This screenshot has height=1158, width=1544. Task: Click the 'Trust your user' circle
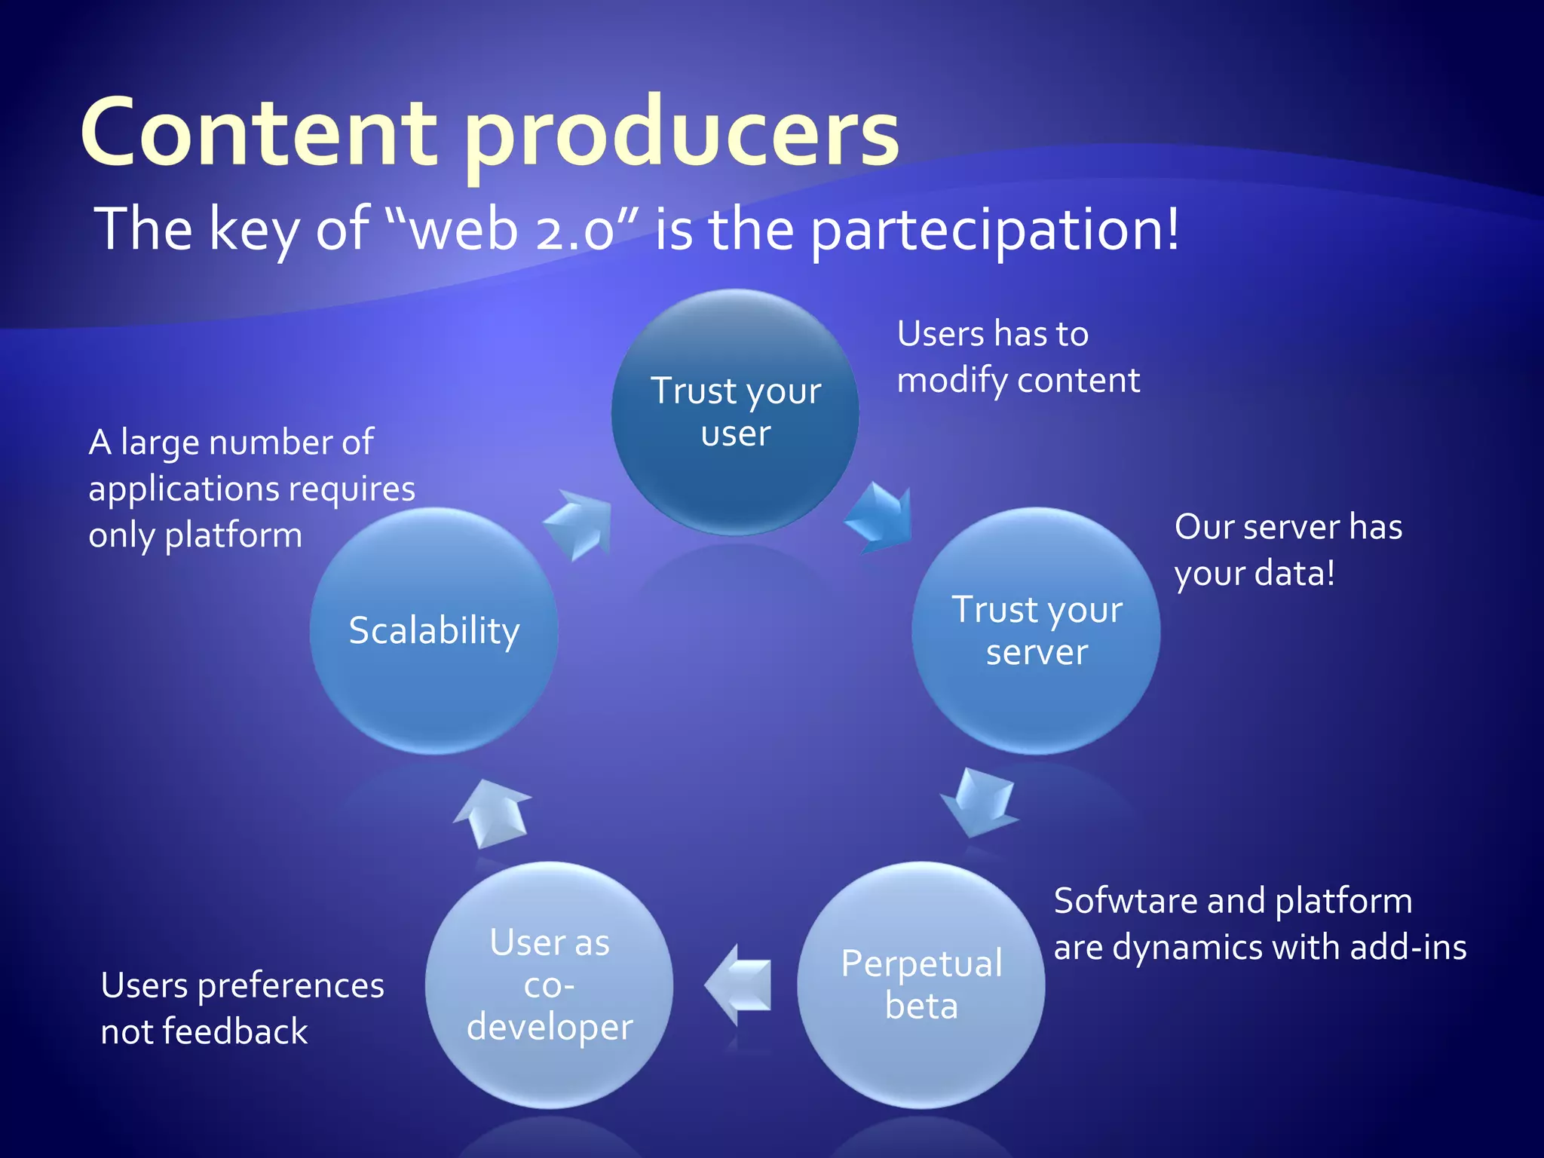[x=735, y=412]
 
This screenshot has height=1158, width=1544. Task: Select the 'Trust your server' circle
[x=1036, y=631]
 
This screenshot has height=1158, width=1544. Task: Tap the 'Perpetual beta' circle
[x=921, y=985]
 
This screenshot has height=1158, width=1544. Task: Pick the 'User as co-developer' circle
[x=550, y=985]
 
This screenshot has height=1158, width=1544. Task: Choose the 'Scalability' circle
[x=434, y=631]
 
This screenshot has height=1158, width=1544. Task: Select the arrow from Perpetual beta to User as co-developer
[x=740, y=985]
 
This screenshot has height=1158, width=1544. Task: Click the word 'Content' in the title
[x=259, y=133]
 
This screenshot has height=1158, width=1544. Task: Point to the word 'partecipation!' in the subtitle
[x=995, y=230]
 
